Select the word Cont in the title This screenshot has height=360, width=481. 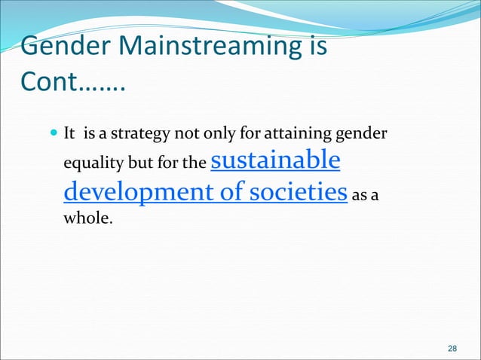pos(51,81)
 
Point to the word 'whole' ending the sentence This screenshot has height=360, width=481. pos(84,219)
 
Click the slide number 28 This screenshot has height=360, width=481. pos(452,348)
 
